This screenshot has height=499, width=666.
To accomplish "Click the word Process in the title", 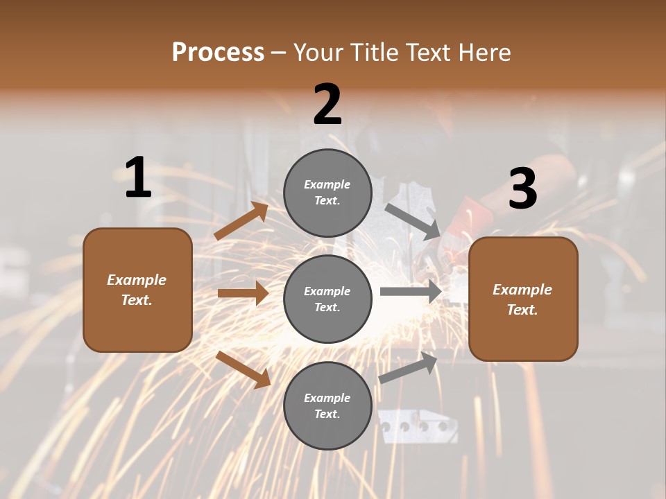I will [218, 53].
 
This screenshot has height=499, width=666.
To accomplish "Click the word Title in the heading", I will [373, 53].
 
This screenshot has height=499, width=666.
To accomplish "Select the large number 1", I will [138, 178].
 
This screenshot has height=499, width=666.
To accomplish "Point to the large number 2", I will [327, 105].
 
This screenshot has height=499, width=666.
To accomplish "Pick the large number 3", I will [522, 189].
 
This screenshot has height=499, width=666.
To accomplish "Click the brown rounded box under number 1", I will [137, 290].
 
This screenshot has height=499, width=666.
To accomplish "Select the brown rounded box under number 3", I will [523, 299].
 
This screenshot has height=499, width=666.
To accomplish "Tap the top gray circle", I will [327, 193].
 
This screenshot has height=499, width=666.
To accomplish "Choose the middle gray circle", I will [327, 299].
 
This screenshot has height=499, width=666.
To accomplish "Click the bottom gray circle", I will [327, 405].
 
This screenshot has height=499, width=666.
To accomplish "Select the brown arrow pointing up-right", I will [241, 221].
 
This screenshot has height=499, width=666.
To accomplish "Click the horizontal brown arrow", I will [243, 293].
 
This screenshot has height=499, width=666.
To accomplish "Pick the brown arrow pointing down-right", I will [244, 369].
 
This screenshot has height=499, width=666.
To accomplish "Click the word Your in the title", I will [318, 53].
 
